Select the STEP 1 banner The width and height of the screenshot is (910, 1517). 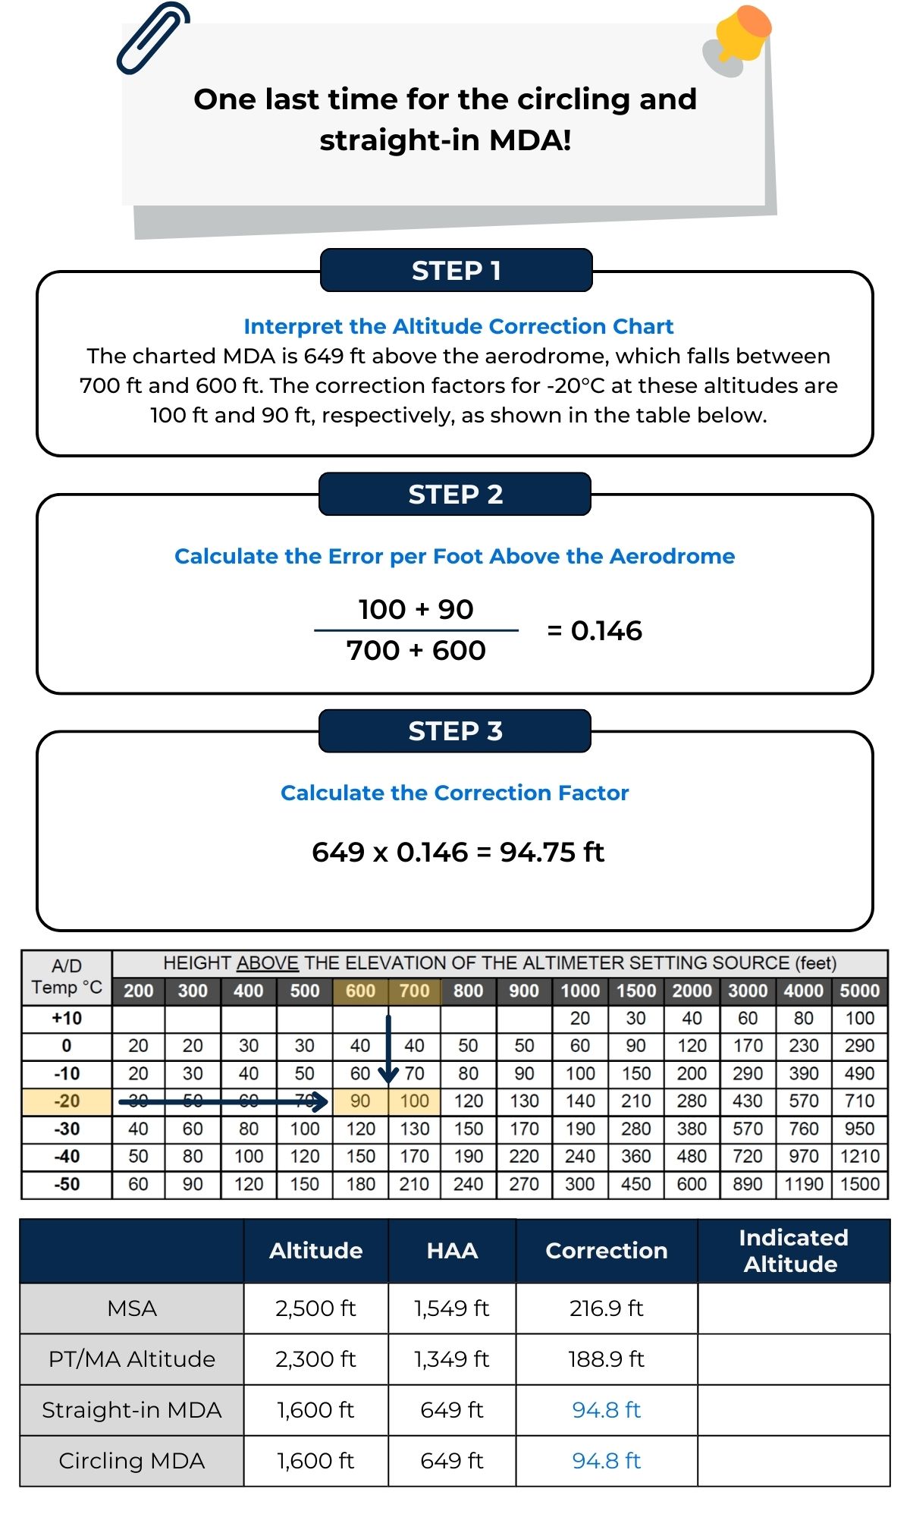[x=456, y=270]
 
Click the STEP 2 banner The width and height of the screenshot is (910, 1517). [x=455, y=495]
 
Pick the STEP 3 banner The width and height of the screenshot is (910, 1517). [x=455, y=731]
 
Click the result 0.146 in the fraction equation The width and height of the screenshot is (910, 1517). [x=606, y=630]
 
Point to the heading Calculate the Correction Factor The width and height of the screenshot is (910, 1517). [x=455, y=793]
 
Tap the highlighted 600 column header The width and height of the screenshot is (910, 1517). [x=360, y=991]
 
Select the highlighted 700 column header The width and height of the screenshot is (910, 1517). [x=414, y=991]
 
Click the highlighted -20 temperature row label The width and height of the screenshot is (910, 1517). [x=67, y=1101]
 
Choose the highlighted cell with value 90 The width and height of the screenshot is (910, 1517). [x=360, y=1101]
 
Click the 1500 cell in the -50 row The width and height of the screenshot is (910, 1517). [x=859, y=1184]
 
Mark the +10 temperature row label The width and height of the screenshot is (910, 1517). [x=67, y=1018]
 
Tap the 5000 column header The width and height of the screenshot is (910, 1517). [x=859, y=991]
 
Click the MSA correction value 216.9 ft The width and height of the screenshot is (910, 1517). [x=606, y=1308]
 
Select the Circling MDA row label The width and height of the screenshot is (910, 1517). [x=132, y=1461]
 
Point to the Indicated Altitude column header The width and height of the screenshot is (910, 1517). [x=792, y=1251]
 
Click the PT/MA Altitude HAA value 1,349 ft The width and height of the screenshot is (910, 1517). [x=451, y=1359]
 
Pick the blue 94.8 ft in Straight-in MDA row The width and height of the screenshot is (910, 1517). [x=606, y=1410]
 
